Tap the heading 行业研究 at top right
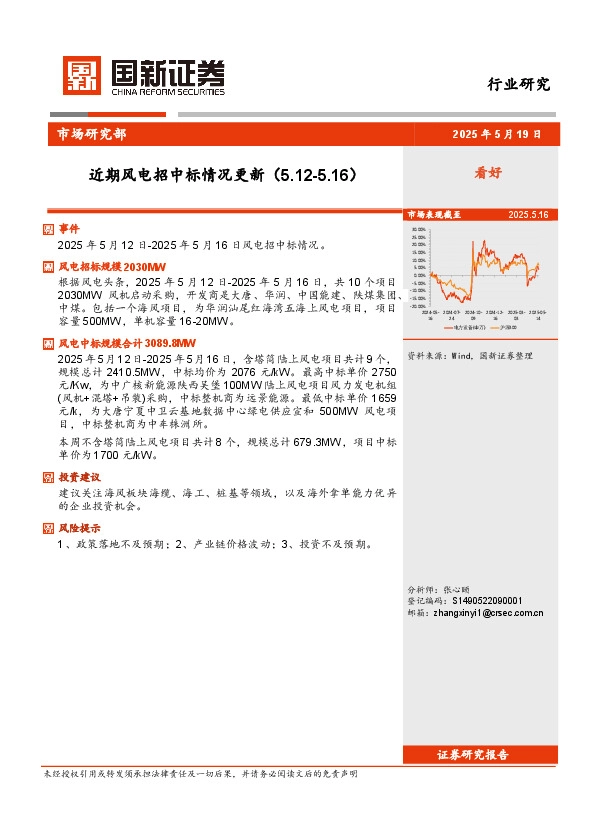pos(518,85)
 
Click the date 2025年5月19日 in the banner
pos(496,134)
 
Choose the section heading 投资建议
pos(79,477)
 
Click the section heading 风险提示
pos(79,528)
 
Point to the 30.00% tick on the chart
pos(418,228)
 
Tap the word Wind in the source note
pos(459,355)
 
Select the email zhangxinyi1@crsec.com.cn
pos(488,613)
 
